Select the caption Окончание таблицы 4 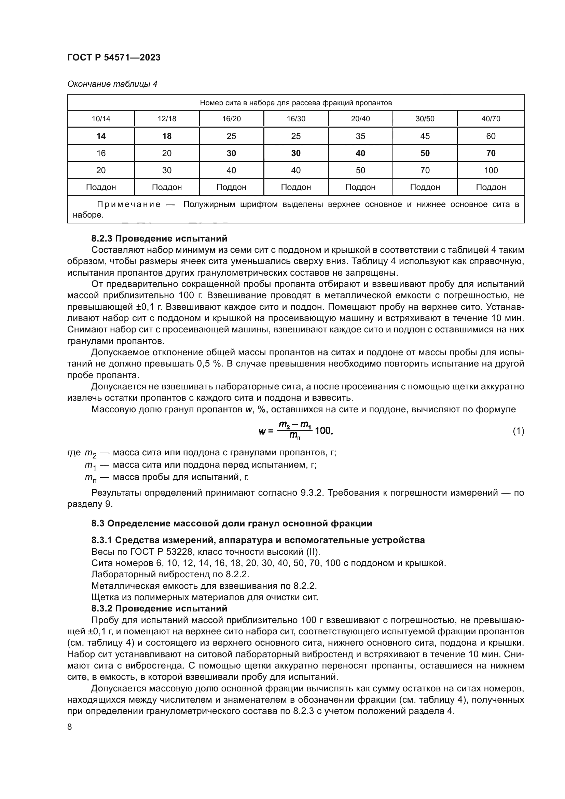click(112, 84)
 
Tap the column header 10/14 click(101, 119)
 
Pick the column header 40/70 click(491, 119)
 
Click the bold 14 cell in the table click(101, 136)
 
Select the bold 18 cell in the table click(167, 136)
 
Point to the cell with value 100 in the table click(491, 170)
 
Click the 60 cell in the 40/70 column click(491, 136)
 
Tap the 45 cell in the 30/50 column click(425, 136)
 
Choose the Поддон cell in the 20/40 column click(360, 187)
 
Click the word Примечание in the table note click(129, 205)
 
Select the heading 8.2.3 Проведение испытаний click(159, 239)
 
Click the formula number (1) click(518, 431)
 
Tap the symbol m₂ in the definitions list click(91, 453)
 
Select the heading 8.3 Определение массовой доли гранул click(231, 523)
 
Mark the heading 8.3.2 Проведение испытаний click(159, 609)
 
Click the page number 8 click(70, 727)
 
